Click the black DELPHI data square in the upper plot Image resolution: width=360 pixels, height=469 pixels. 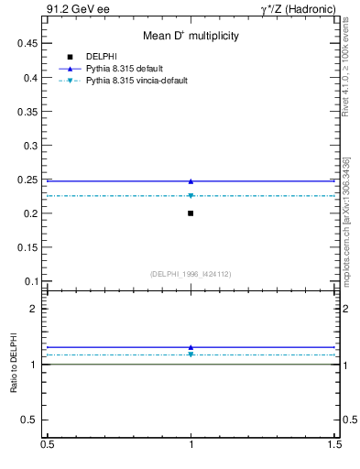click(x=191, y=213)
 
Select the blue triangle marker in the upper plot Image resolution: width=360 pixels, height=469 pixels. click(x=191, y=181)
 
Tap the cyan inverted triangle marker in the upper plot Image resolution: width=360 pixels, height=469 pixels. click(x=191, y=196)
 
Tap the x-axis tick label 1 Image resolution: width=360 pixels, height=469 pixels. click(x=191, y=444)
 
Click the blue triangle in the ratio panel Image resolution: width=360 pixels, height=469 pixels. click(x=191, y=347)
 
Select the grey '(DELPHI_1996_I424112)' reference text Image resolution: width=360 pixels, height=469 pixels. click(x=191, y=273)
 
